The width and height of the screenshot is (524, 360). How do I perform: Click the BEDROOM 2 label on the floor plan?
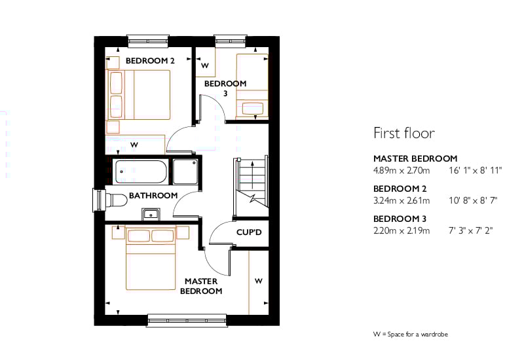click(x=150, y=61)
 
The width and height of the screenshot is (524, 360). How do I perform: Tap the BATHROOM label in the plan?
click(x=153, y=195)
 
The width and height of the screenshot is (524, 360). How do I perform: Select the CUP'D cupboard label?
click(x=249, y=232)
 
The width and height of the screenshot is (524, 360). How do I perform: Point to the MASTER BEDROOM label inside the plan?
click(x=201, y=286)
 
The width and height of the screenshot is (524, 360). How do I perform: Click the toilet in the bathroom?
click(x=115, y=200)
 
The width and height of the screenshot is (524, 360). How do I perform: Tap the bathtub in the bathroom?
click(x=141, y=171)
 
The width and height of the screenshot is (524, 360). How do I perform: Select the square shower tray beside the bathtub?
click(x=185, y=171)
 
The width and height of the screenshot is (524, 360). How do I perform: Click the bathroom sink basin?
click(x=151, y=215)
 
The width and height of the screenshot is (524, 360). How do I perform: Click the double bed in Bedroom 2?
click(x=138, y=94)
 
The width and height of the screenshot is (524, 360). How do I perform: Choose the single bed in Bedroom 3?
click(x=252, y=86)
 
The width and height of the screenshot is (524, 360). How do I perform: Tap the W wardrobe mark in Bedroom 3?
click(x=205, y=65)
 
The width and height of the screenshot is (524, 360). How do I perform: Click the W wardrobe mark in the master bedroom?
click(x=258, y=281)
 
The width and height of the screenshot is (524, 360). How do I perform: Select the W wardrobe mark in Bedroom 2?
click(x=134, y=145)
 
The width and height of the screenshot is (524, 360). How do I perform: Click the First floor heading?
click(x=404, y=133)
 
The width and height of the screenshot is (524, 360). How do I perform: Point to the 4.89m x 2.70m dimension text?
click(x=402, y=170)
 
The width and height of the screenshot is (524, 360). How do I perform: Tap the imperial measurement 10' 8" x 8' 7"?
click(x=473, y=200)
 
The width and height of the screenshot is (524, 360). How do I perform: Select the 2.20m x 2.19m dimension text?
click(x=402, y=230)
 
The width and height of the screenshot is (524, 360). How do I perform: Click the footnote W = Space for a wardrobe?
click(x=411, y=334)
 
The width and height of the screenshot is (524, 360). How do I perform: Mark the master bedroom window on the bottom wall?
click(x=187, y=320)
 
